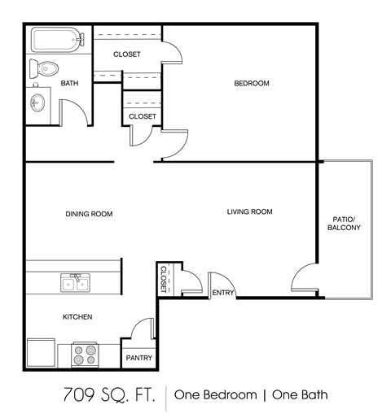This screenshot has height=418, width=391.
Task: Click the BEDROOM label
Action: [x=252, y=84]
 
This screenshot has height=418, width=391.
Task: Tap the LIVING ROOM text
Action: [x=249, y=212]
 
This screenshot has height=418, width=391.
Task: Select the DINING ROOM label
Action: [x=89, y=215]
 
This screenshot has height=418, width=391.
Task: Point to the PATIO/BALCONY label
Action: [x=344, y=223]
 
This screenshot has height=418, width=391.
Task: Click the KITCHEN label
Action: [x=77, y=317]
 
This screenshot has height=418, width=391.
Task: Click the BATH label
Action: [x=69, y=84]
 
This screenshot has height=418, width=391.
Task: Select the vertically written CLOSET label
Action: [x=163, y=279]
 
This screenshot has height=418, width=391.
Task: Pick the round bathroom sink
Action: [x=38, y=103]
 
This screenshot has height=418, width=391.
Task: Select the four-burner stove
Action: [x=85, y=355]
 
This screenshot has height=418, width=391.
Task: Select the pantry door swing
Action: [x=142, y=329]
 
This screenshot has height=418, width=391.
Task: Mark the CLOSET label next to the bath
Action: [x=127, y=54]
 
